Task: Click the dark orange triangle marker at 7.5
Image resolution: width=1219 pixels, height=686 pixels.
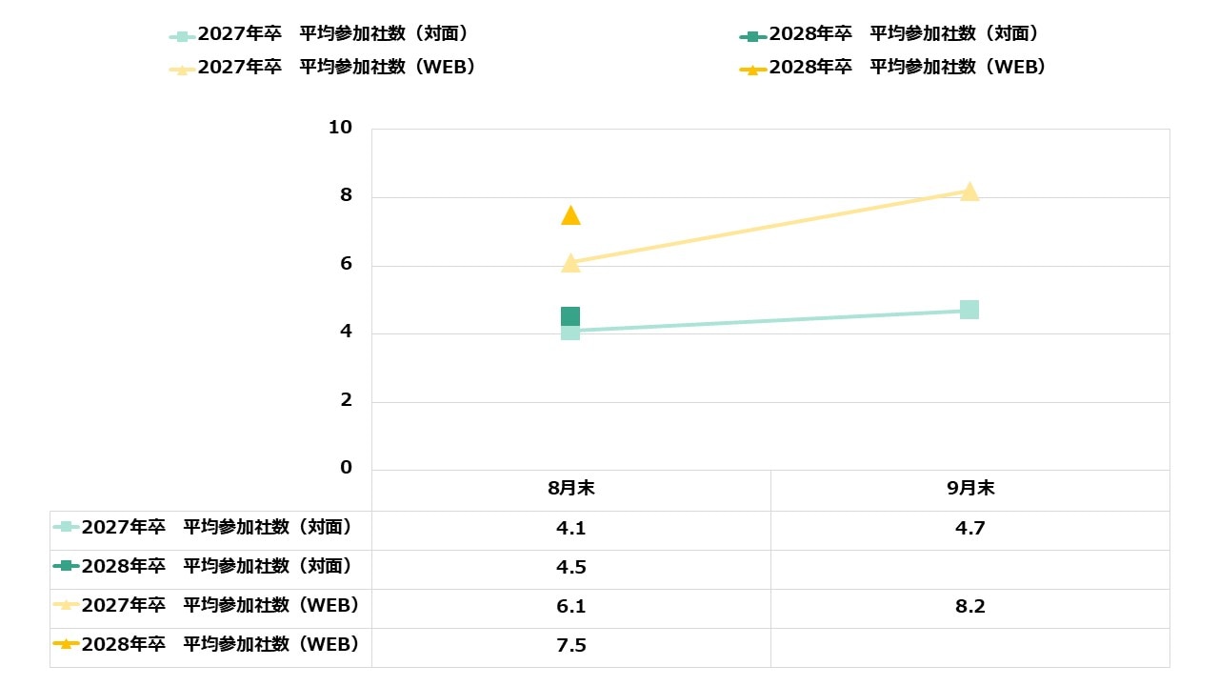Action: point(570,216)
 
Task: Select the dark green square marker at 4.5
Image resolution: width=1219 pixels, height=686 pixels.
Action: point(570,315)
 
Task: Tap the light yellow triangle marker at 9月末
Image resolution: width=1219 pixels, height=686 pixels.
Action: point(969,192)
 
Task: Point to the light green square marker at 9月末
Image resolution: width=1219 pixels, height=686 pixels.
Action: point(969,310)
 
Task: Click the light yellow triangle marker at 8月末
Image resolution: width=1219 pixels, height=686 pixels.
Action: point(570,263)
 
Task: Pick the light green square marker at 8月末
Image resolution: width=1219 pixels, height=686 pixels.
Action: point(570,332)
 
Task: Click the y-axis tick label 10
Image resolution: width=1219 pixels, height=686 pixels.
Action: point(340,128)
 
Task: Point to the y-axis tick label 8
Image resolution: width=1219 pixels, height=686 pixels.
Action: point(346,195)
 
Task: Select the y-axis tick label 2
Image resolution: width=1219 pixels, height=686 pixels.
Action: point(346,400)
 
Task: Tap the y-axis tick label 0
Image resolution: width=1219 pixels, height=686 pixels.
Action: point(346,468)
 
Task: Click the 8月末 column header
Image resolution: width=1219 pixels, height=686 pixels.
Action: point(570,488)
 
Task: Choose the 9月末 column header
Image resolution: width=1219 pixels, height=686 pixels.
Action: point(970,488)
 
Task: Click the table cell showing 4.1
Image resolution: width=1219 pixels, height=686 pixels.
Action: point(570,528)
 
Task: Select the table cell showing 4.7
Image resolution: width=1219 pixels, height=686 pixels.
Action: point(969,528)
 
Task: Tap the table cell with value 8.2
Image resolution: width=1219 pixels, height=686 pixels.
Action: point(969,607)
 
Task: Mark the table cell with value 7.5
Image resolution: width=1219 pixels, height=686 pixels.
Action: point(570,646)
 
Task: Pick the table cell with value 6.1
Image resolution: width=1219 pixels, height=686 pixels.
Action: point(570,607)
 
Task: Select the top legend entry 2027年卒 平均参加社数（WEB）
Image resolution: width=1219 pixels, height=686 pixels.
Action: point(323,67)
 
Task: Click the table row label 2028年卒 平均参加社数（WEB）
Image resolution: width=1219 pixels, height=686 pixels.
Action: point(206,645)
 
